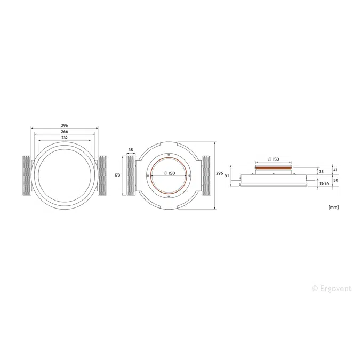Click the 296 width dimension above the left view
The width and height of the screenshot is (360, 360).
(65, 125)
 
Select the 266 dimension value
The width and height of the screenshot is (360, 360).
(65, 131)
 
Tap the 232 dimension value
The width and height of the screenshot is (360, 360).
(65, 138)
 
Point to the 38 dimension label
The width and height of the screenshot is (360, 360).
(131, 150)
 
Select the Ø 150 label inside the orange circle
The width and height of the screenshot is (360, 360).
(169, 173)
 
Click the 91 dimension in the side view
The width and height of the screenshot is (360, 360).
(227, 175)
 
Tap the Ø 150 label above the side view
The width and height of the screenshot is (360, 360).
(274, 159)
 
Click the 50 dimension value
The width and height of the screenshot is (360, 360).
(335, 180)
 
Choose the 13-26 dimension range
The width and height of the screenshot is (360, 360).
(324, 183)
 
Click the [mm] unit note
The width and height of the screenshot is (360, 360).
(334, 206)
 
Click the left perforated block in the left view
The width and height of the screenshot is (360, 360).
(26, 175)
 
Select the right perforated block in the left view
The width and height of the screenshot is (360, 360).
(102, 175)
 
